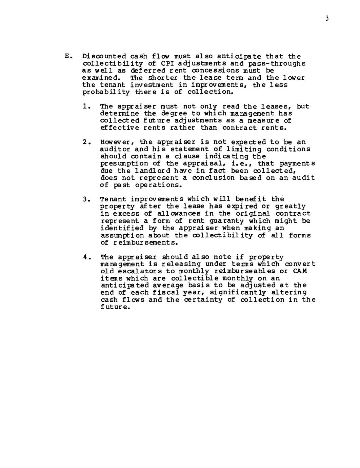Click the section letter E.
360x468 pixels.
(67, 56)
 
